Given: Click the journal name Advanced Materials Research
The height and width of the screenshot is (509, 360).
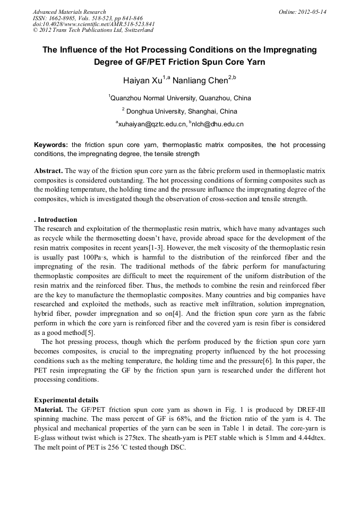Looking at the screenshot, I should click(69, 12).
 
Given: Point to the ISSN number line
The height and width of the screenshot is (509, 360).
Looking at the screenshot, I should click(88, 18).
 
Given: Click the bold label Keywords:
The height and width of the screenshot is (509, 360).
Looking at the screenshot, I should click(51, 145).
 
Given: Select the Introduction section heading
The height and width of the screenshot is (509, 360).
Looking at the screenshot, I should click(57, 219).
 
